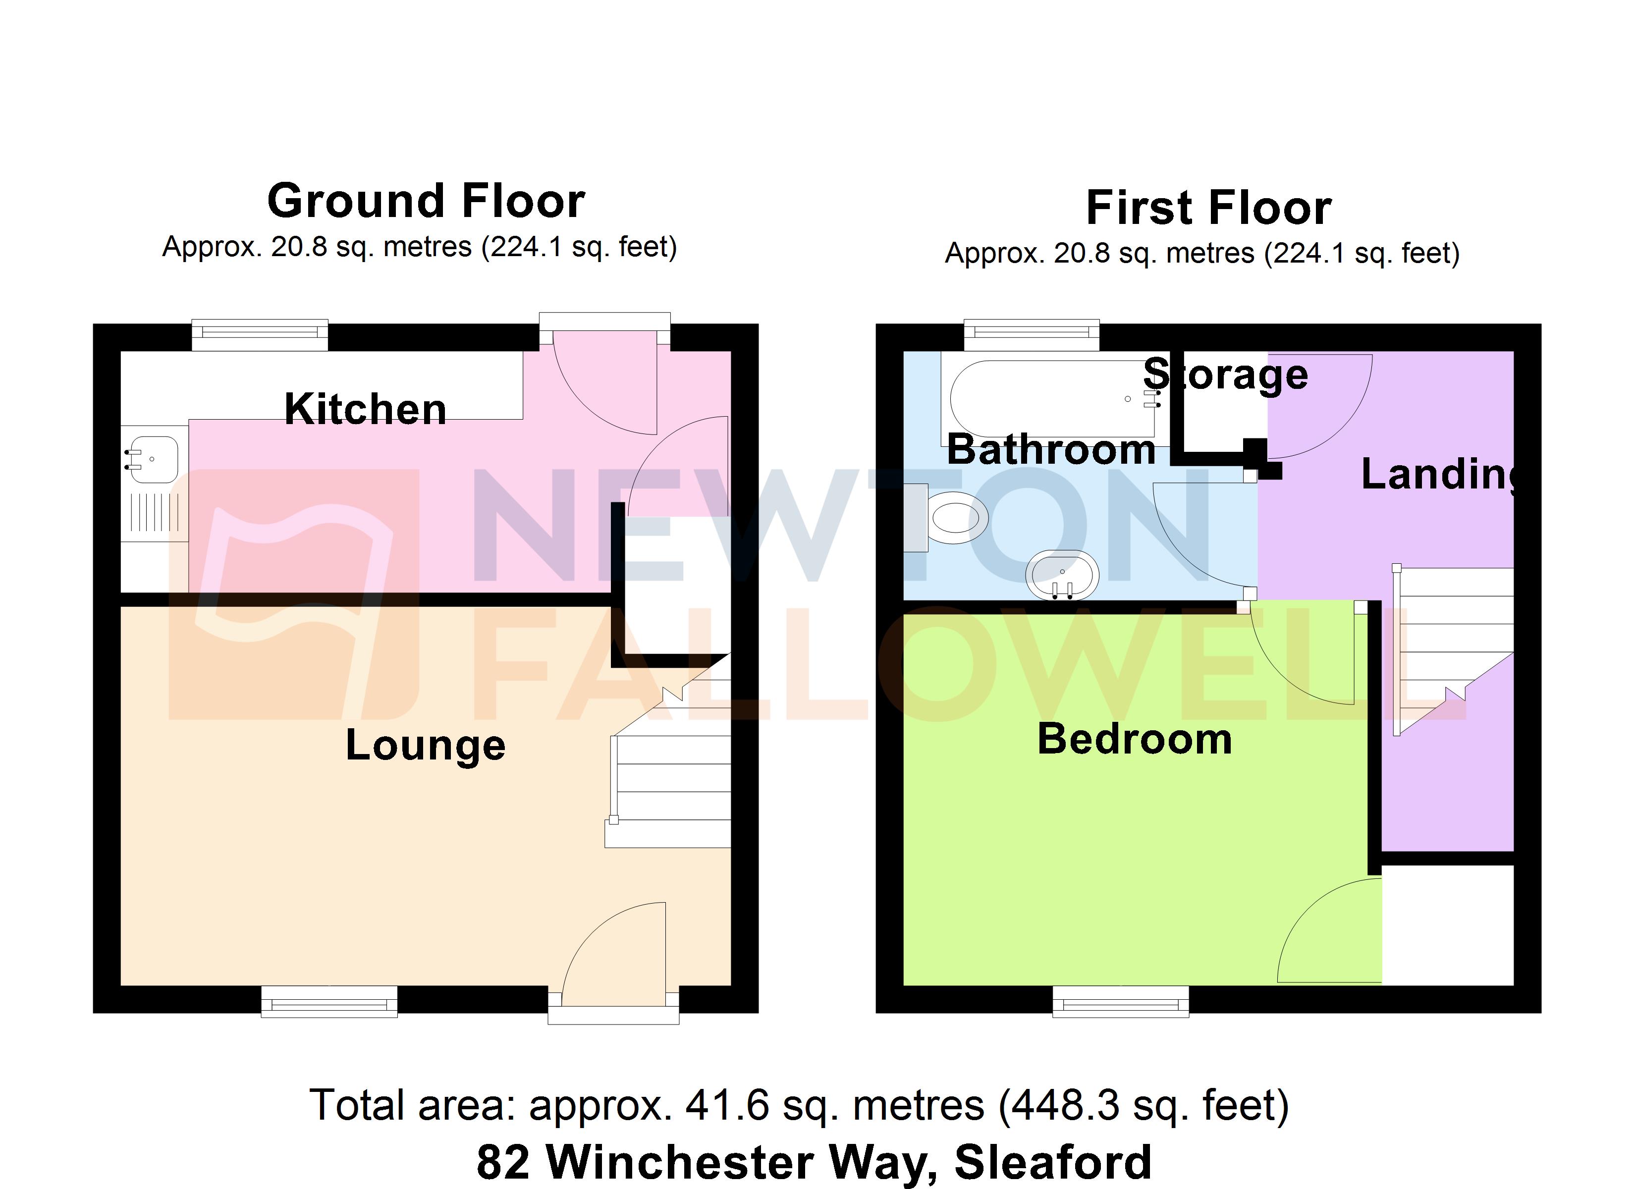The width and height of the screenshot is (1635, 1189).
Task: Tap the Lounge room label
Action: coord(425,745)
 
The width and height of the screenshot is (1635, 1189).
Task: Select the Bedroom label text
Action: coord(1135,739)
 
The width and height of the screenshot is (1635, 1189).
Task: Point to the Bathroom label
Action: coord(1051,450)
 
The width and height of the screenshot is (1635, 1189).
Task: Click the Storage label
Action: coord(1226,374)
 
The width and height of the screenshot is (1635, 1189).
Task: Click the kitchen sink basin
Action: coord(154,459)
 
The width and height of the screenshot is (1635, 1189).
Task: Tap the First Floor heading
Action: coord(1208,208)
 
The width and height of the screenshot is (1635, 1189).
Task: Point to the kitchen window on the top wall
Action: coord(260,333)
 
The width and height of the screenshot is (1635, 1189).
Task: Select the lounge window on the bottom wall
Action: coord(328,1002)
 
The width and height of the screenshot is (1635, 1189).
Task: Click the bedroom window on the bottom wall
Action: coord(1120,1002)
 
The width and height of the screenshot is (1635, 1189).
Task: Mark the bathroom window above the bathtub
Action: coord(1032,332)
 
